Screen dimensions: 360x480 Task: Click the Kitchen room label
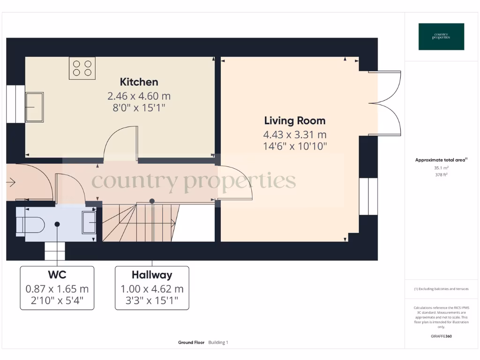[x=139, y=82]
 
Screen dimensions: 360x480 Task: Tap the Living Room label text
[x=294, y=120]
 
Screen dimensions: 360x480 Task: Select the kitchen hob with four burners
[x=82, y=67]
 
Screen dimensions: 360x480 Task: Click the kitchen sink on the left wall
[x=34, y=107]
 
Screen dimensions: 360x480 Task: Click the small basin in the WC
[x=89, y=222]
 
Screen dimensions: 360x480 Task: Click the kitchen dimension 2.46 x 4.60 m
[x=139, y=97]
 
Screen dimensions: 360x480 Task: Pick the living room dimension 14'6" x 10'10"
[x=294, y=146]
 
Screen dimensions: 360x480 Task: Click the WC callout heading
[x=57, y=275]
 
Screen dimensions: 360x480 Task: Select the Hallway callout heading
[x=152, y=275]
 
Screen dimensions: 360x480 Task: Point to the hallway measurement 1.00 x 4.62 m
[x=152, y=289]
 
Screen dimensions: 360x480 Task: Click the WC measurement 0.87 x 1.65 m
[x=57, y=289]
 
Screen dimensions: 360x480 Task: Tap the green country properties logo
[x=441, y=37]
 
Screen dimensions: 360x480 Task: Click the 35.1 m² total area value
[x=441, y=167]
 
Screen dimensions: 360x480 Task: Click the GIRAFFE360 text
[x=441, y=336]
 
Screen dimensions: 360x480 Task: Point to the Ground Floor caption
[x=191, y=343]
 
